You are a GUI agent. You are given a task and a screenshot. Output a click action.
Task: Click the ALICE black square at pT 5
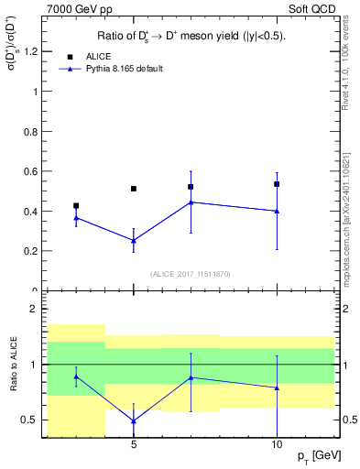[x=134, y=189]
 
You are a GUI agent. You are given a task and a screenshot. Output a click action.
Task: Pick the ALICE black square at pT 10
[x=277, y=184]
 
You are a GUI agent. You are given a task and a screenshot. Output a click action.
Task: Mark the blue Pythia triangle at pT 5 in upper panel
[x=134, y=241]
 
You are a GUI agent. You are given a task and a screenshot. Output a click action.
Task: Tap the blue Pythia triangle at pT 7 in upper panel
[x=191, y=202]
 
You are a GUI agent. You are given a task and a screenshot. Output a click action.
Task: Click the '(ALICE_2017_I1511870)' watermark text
[x=191, y=273]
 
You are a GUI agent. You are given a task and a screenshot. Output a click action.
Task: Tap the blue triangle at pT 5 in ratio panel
[x=134, y=421]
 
